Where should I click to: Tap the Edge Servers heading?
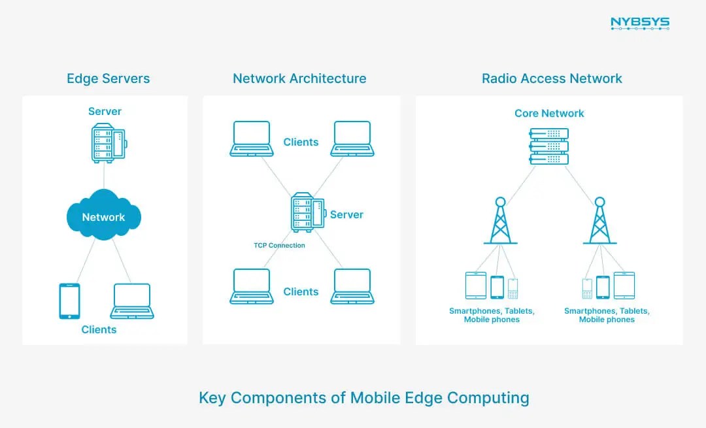(x=108, y=79)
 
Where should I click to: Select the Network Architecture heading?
(x=299, y=79)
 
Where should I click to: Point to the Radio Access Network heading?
(x=552, y=79)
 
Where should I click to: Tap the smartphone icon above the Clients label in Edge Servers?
(x=69, y=301)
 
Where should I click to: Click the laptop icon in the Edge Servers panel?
(x=132, y=301)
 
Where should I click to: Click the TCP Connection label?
(x=279, y=246)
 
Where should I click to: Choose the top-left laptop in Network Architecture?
(x=252, y=139)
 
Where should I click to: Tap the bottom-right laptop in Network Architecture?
(x=352, y=286)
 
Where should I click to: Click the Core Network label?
(x=549, y=113)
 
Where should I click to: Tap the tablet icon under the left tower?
(x=475, y=286)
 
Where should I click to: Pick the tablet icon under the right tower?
(x=624, y=286)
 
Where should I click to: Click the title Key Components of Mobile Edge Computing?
(x=363, y=397)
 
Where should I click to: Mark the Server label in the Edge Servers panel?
(x=105, y=111)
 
